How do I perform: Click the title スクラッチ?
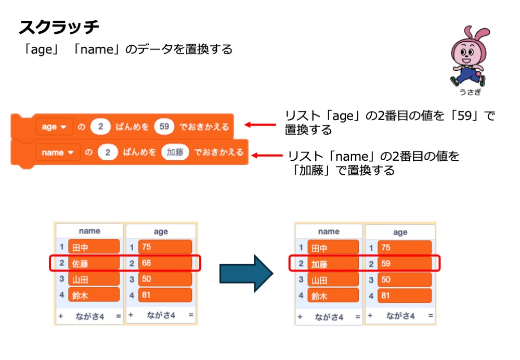59,27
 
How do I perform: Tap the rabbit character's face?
466,51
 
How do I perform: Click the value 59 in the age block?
165,126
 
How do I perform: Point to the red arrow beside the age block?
260,125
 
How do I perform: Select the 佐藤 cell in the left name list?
94,263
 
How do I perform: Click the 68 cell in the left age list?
165,263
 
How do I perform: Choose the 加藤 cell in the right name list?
333,263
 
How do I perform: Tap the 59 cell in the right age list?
405,263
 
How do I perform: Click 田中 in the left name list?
94,248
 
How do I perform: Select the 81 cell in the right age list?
405,296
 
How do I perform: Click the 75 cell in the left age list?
165,248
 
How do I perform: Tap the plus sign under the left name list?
61,316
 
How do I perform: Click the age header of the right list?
400,232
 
